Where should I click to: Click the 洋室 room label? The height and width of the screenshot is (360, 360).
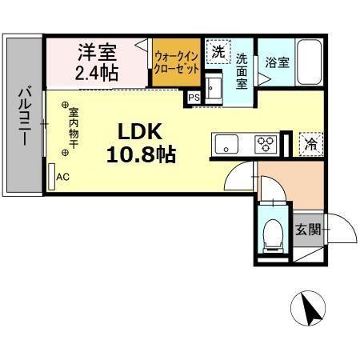coord(97,54)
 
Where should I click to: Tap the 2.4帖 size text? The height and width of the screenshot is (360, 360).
coord(97,74)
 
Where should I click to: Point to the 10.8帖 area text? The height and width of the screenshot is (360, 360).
coord(141,153)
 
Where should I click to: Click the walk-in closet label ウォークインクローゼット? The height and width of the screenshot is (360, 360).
coord(177,61)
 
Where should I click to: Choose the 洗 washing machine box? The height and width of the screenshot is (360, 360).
coord(218,51)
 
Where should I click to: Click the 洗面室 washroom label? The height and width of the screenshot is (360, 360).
coord(242,70)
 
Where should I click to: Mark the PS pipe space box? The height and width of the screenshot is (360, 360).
coord(194,98)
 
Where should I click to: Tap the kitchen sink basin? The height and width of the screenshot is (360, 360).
coord(226,145)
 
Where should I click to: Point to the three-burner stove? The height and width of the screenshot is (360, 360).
coord(265,144)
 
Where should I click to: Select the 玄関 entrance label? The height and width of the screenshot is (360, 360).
coord(307,230)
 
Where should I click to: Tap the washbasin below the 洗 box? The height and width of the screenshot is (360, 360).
coord(214,86)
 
